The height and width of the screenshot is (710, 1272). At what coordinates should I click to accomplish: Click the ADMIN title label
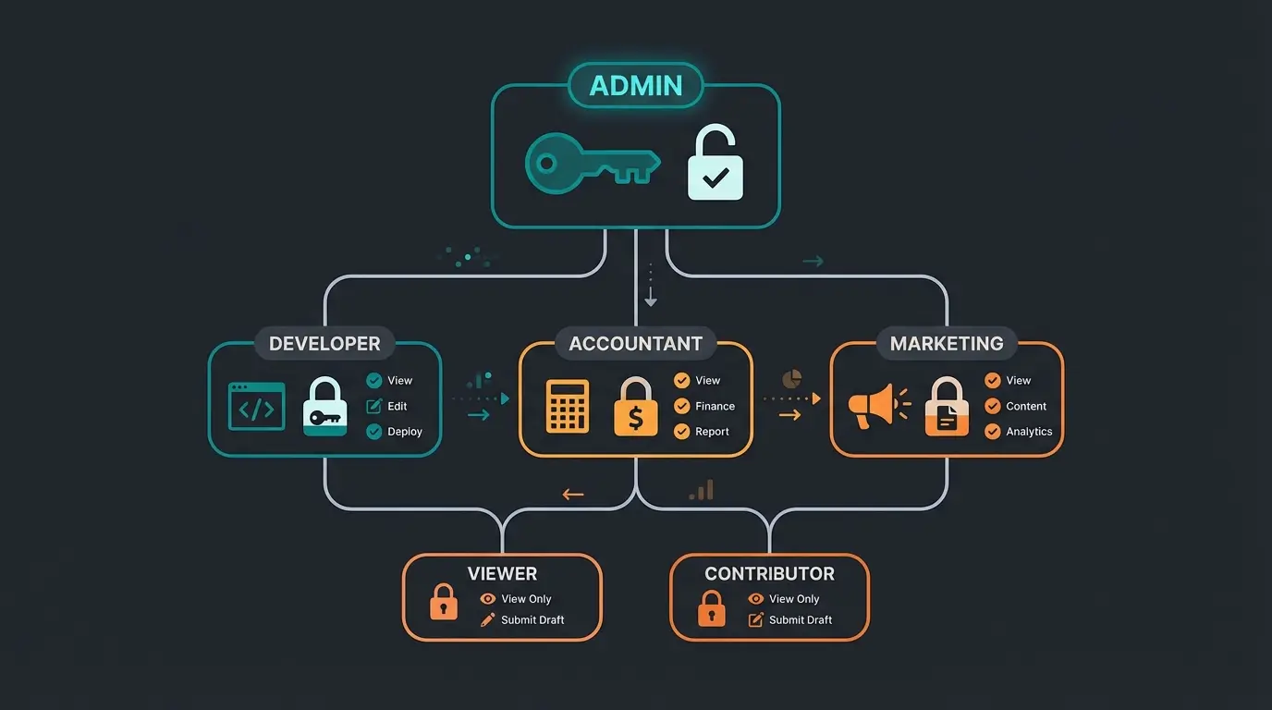[x=636, y=86]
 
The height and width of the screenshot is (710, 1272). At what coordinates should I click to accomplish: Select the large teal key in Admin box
[x=592, y=165]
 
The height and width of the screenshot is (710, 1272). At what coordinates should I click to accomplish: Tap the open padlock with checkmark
[x=715, y=166]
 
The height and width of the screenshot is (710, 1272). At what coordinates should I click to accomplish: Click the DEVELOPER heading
[x=324, y=344]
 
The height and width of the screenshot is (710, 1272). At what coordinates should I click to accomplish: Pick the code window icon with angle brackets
[x=256, y=407]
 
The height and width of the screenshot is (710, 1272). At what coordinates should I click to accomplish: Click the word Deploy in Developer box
[x=405, y=432]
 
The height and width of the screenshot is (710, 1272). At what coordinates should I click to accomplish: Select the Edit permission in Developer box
[x=397, y=406]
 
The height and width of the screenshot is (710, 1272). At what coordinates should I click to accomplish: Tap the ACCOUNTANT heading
[x=635, y=344]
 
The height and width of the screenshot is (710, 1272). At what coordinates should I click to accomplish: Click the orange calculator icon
[x=567, y=407]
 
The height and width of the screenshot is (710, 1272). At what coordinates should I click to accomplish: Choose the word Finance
[x=715, y=406]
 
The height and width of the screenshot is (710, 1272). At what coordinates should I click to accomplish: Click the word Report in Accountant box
[x=712, y=432]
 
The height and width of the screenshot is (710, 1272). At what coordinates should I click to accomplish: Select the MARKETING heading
[x=947, y=344]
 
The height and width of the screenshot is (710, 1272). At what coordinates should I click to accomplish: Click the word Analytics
[x=1029, y=432]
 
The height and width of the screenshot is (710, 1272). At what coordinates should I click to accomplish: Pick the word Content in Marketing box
[x=1026, y=406]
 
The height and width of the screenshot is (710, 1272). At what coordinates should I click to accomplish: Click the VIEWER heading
[x=502, y=574]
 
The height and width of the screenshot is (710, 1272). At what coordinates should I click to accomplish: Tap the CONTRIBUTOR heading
[x=769, y=574]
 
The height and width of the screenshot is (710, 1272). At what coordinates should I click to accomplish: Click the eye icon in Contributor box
[x=756, y=599]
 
